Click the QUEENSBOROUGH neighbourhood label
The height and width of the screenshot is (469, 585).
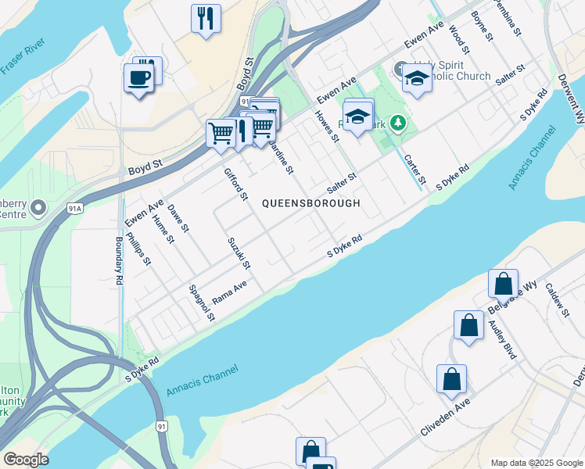coord(310,203)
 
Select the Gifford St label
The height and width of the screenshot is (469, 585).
coord(235,184)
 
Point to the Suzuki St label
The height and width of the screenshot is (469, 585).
coord(239,254)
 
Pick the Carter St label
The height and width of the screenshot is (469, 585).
coord(415,170)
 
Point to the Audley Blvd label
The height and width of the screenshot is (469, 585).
coord(503,338)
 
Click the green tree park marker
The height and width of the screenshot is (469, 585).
coord(399,124)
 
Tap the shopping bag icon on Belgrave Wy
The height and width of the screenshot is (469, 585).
coord(503,283)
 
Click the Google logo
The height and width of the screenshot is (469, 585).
coord(26,460)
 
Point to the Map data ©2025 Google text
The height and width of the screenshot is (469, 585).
coord(536,462)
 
